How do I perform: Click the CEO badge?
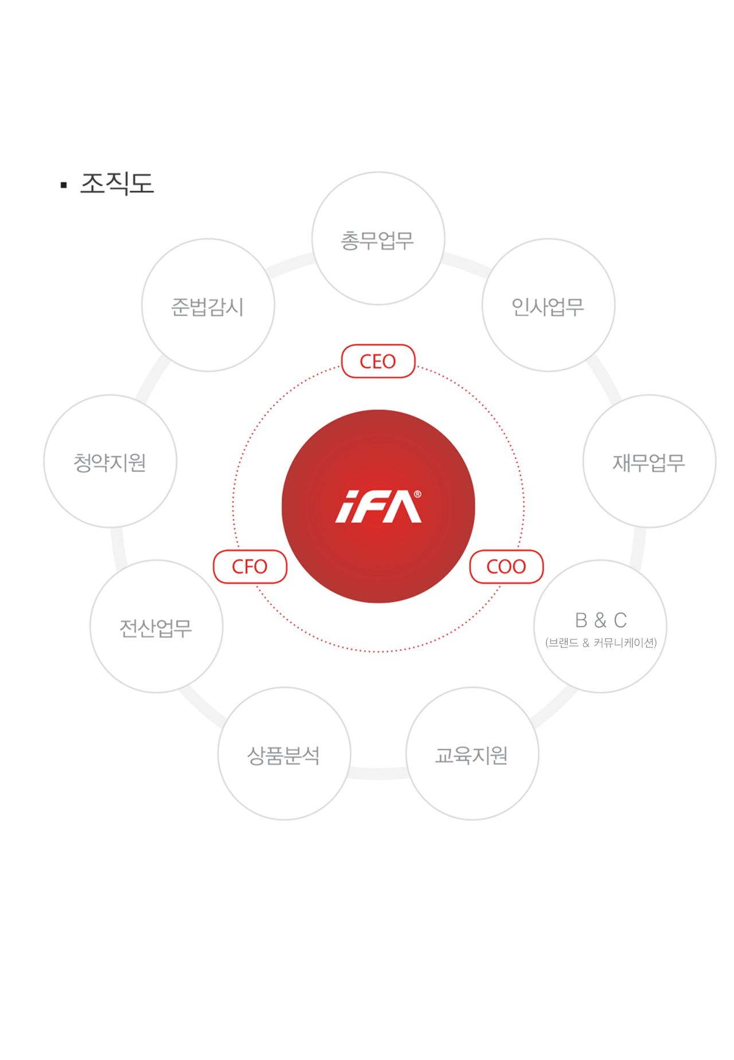[378, 361]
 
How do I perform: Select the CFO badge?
[250, 567]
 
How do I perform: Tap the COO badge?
[506, 567]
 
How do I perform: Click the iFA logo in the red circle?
[378, 507]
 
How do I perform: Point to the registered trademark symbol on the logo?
[417, 494]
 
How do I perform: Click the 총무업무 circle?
[378, 238]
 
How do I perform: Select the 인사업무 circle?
[549, 305]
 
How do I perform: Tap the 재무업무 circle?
[650, 461]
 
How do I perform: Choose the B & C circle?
[600, 626]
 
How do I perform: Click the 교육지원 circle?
[473, 753]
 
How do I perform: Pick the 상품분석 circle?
[284, 753]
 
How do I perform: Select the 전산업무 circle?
[157, 626]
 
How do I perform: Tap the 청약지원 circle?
[110, 461]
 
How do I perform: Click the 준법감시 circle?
[208, 305]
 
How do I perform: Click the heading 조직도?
[117, 183]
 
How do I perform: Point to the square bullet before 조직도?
[64, 185]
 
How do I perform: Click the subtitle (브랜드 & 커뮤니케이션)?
[601, 643]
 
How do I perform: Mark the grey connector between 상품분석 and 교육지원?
[378, 774]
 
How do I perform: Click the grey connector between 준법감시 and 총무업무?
[291, 265]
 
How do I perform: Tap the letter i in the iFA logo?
[347, 507]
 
